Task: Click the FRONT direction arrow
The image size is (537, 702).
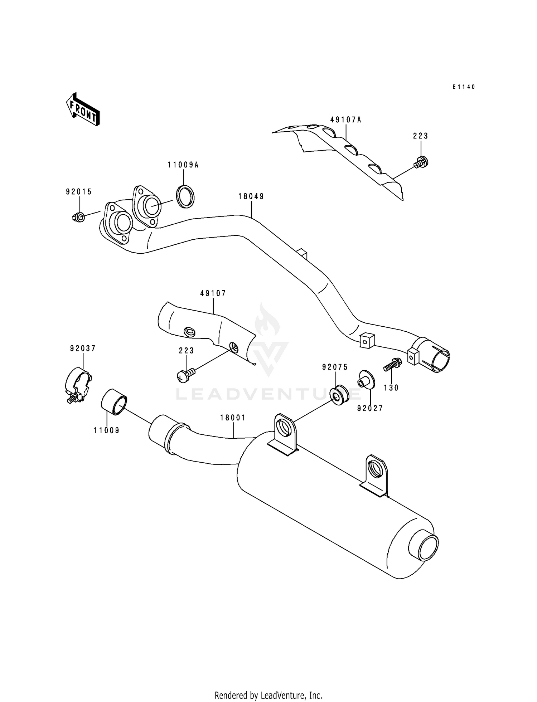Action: point(82,109)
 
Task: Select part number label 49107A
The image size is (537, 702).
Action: point(345,120)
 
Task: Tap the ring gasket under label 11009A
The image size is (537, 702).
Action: point(185,196)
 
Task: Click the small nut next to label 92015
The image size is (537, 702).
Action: point(79,216)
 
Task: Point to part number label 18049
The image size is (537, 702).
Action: point(251,196)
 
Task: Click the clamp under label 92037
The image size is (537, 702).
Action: point(78,384)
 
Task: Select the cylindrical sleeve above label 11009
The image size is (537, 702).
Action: point(114,402)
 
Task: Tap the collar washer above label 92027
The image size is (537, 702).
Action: point(366,380)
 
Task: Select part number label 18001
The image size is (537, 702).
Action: point(233,418)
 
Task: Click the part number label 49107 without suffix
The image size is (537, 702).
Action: point(213,293)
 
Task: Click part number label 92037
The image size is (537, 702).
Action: point(83,348)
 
